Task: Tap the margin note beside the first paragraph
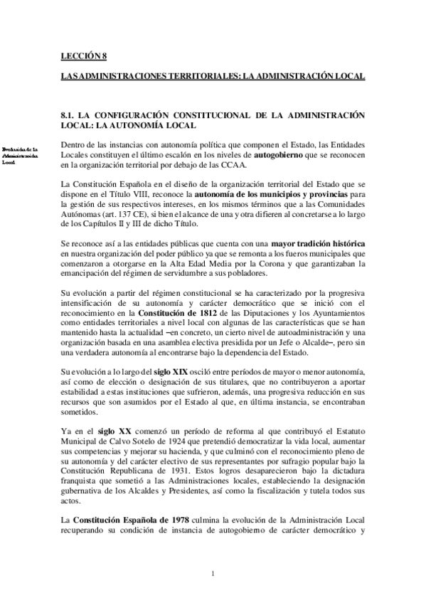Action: pyautogui.click(x=21, y=153)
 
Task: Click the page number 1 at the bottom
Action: pyautogui.click(x=213, y=572)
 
